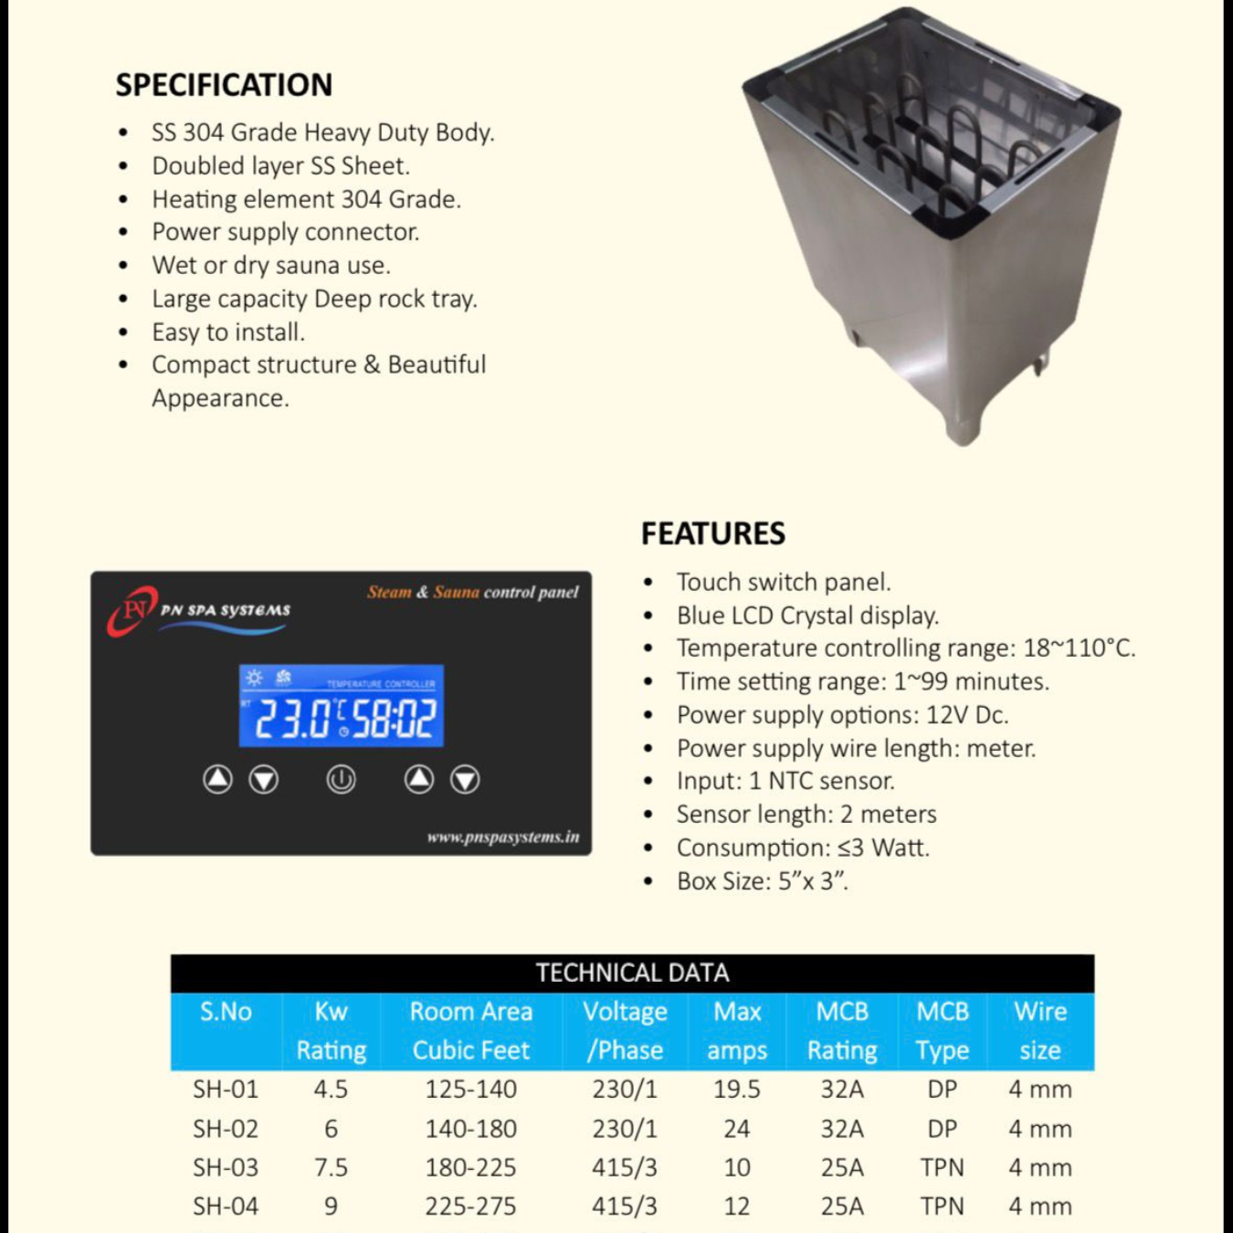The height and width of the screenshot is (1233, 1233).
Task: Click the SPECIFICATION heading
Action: coord(224,85)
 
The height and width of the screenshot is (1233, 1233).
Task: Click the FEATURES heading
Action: coord(712,533)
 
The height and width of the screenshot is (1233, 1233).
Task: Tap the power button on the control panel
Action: coord(341,780)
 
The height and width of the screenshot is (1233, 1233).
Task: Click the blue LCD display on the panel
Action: coord(342,706)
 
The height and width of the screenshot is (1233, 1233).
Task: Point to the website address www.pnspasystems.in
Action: coord(502,837)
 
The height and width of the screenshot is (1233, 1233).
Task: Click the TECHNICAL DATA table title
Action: coord(632,973)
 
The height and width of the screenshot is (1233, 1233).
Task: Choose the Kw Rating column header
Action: coord(331,1031)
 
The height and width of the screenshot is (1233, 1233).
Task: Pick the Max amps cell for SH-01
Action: coord(736,1090)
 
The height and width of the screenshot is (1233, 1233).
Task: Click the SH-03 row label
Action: coord(226,1167)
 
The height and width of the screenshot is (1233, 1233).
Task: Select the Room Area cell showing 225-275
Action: coord(470,1207)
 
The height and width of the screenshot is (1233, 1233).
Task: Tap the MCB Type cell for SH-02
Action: coord(942,1129)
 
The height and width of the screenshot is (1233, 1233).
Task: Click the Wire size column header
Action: coord(1039,1031)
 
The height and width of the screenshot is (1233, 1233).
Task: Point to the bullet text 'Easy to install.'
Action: coord(228,332)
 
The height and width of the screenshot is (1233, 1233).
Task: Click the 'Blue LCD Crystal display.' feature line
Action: coord(807,616)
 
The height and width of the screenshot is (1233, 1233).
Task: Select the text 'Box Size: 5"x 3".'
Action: coord(762,881)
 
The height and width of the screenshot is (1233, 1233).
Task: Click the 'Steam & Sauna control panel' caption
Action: coord(472,592)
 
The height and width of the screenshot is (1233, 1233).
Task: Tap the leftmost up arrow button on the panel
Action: coord(217,779)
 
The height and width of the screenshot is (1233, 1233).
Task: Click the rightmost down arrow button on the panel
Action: coord(465,780)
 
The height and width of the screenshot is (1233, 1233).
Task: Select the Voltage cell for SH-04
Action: coord(624,1207)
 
